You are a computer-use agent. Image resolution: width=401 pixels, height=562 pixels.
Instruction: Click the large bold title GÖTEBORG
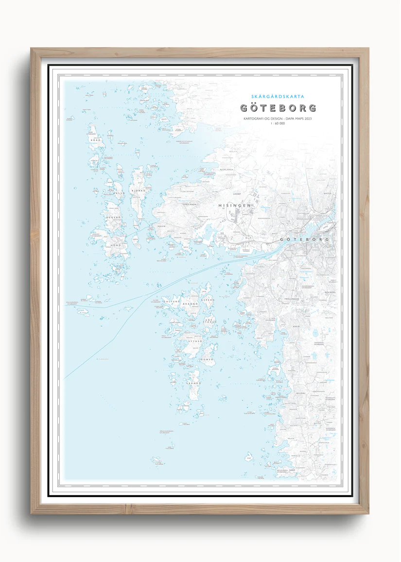[x=278, y=108]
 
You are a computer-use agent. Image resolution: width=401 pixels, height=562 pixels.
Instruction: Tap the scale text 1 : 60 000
[x=278, y=124]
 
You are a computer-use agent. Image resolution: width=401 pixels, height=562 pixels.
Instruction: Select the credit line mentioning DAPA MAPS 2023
[x=278, y=119]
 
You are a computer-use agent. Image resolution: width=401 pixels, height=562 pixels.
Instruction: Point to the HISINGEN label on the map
[x=235, y=205]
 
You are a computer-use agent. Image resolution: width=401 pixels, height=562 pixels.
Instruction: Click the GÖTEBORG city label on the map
[x=305, y=240]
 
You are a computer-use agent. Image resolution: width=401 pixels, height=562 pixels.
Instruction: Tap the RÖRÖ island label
[x=93, y=141]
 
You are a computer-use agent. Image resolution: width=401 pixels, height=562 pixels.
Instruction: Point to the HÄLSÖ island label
[x=120, y=193]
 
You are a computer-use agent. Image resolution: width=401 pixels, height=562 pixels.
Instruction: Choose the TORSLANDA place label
[x=189, y=204]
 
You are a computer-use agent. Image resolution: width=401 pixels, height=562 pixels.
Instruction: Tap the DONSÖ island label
[x=208, y=359]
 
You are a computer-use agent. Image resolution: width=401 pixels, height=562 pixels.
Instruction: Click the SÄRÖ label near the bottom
[x=292, y=471]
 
